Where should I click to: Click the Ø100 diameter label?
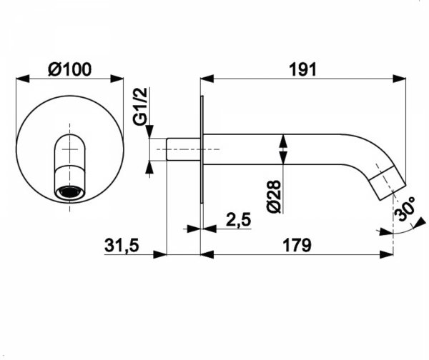(x=69, y=69)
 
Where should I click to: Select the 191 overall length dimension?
(x=302, y=69)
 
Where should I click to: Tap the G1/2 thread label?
(x=141, y=106)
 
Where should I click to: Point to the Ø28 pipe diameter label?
(x=274, y=196)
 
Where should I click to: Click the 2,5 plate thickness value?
(x=239, y=219)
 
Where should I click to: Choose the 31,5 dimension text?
(x=122, y=245)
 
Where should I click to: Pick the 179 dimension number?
(x=297, y=245)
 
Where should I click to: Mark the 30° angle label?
(x=405, y=209)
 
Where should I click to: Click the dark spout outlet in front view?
(x=70, y=191)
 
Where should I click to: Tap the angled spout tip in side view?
(x=387, y=183)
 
